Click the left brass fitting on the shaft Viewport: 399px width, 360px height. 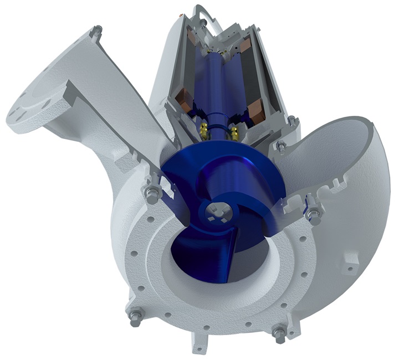[204, 131]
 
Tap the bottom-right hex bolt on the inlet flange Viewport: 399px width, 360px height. [279, 334]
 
